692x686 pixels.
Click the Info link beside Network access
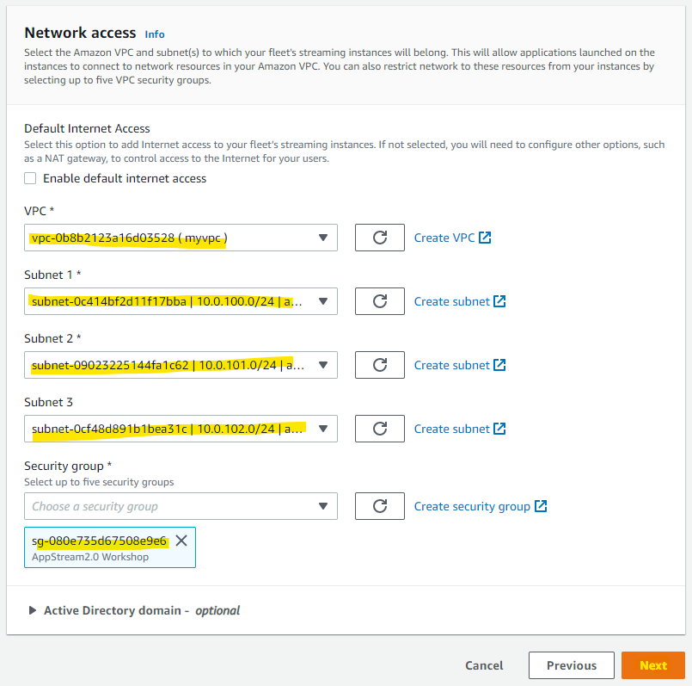[155, 34]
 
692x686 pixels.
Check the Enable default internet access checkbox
[30, 178]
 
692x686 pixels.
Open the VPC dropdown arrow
[323, 238]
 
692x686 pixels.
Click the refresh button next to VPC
[380, 238]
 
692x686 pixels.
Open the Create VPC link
[452, 238]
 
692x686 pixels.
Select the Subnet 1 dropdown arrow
[323, 301]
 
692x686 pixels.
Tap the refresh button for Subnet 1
[380, 301]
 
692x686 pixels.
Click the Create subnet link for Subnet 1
[459, 301]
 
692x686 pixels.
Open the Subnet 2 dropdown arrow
[323, 365]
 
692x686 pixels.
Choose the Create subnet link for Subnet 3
[459, 429]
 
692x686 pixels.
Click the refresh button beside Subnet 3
[380, 429]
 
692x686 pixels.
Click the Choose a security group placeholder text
[95, 506]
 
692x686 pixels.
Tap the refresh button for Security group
[380, 505]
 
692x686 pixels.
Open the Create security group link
[481, 506]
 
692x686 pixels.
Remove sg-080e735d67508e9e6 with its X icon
[181, 541]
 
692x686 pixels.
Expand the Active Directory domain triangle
[32, 610]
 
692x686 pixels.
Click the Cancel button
[484, 665]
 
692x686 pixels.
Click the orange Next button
[653, 665]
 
